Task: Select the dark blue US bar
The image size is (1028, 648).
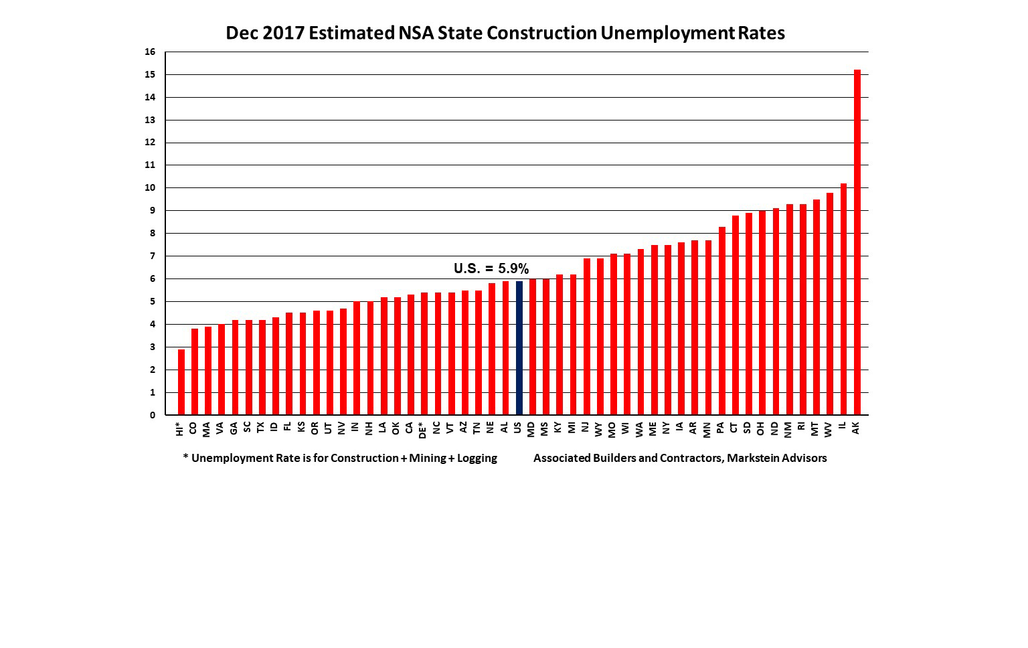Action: [519, 348]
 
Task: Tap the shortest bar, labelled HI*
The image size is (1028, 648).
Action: [181, 382]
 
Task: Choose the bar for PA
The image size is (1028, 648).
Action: [721, 321]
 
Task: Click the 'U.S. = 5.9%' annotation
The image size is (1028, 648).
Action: [491, 268]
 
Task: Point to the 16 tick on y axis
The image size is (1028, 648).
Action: [150, 52]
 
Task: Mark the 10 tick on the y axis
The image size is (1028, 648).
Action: [150, 188]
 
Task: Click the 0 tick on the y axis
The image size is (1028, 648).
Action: [153, 415]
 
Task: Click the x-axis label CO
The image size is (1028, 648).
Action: [193, 428]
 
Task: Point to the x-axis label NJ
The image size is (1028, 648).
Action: [586, 427]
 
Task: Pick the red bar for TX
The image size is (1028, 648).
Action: [262, 368]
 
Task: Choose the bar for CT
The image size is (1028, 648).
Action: [735, 315]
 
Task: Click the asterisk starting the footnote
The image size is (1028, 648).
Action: [185, 457]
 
